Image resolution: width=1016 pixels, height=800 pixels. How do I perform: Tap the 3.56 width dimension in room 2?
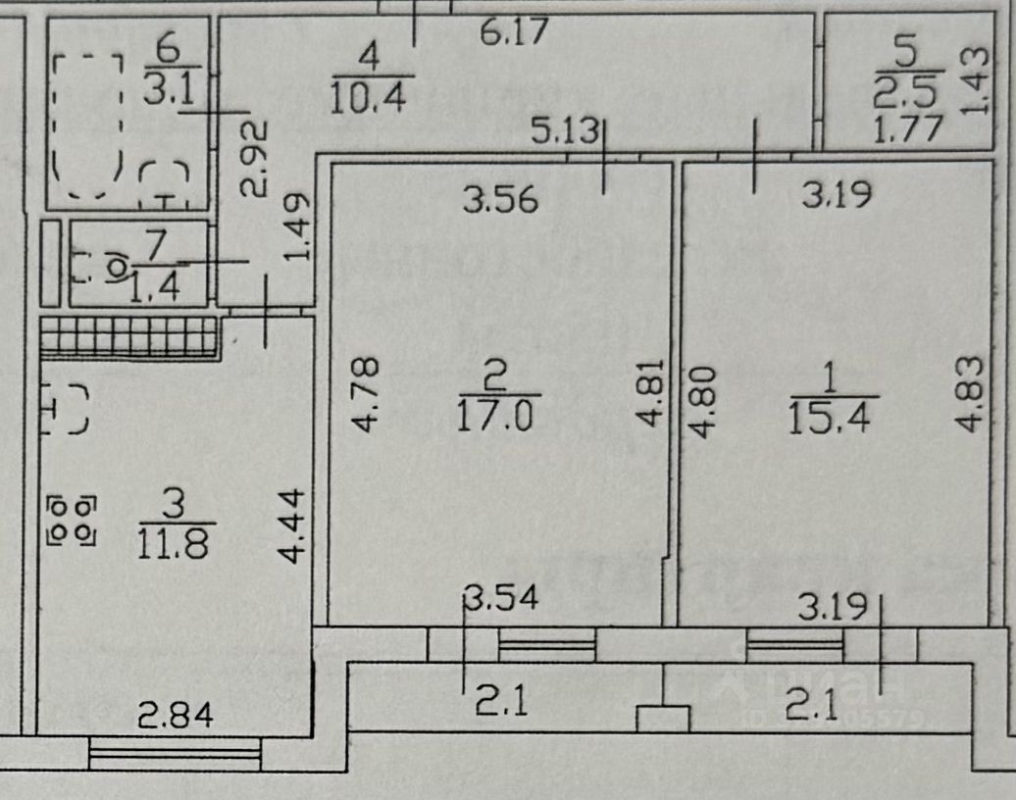tap(500, 200)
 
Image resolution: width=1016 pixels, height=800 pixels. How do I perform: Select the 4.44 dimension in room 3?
tap(292, 526)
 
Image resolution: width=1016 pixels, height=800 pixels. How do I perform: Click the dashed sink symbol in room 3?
tap(66, 409)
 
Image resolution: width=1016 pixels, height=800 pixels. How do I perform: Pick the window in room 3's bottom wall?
tap(175, 753)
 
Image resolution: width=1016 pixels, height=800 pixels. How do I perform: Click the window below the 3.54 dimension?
tap(546, 643)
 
